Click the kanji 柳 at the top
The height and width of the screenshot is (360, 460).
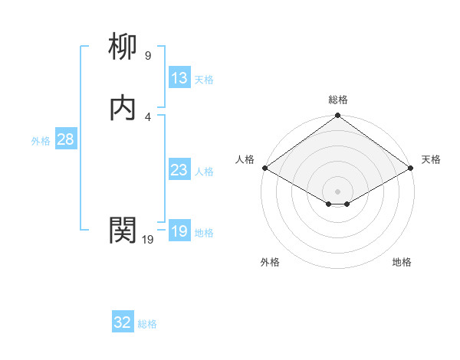click(123, 47)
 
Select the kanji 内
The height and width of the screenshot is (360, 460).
click(123, 108)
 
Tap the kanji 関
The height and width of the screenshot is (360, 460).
click(123, 229)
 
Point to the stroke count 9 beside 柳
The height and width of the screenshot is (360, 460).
click(147, 56)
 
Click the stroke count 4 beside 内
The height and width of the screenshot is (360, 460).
click(147, 116)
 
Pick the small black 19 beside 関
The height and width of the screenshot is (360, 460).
click(148, 240)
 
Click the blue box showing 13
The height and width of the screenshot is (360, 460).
click(179, 78)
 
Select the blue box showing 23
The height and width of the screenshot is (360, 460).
click(179, 170)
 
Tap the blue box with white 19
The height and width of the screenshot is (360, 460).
click(179, 231)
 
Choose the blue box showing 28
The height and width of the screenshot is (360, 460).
click(65, 139)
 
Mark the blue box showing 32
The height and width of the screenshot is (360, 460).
click(123, 322)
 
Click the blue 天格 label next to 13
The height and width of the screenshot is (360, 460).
click(204, 80)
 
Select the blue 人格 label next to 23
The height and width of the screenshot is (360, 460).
click(204, 172)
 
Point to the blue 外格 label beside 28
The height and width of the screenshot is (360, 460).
click(41, 141)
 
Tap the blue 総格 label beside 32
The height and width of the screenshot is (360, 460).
click(147, 324)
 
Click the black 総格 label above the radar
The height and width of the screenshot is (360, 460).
click(338, 100)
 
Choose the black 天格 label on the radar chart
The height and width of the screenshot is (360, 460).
click(431, 159)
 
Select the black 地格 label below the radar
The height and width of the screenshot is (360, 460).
click(402, 262)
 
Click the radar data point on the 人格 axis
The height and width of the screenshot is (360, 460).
click(264, 168)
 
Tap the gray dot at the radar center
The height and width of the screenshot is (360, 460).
click(338, 191)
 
